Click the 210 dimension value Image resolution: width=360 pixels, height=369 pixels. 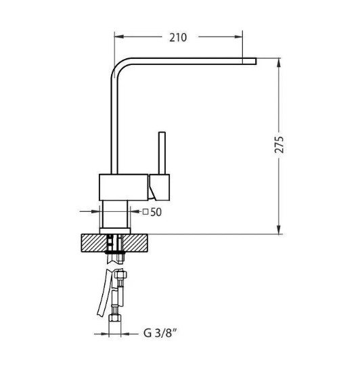click(178, 38)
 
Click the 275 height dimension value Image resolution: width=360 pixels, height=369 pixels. click(279, 144)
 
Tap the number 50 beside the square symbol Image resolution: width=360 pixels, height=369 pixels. click(156, 213)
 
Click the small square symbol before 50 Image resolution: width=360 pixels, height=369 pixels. click(145, 212)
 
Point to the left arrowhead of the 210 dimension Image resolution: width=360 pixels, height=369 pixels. click(118, 37)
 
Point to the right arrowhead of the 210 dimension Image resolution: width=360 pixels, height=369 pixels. click(238, 37)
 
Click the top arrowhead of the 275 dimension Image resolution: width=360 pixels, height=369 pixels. click(279, 62)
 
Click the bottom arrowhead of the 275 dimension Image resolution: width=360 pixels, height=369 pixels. click(279, 230)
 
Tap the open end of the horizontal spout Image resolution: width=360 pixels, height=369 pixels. click(256, 61)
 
